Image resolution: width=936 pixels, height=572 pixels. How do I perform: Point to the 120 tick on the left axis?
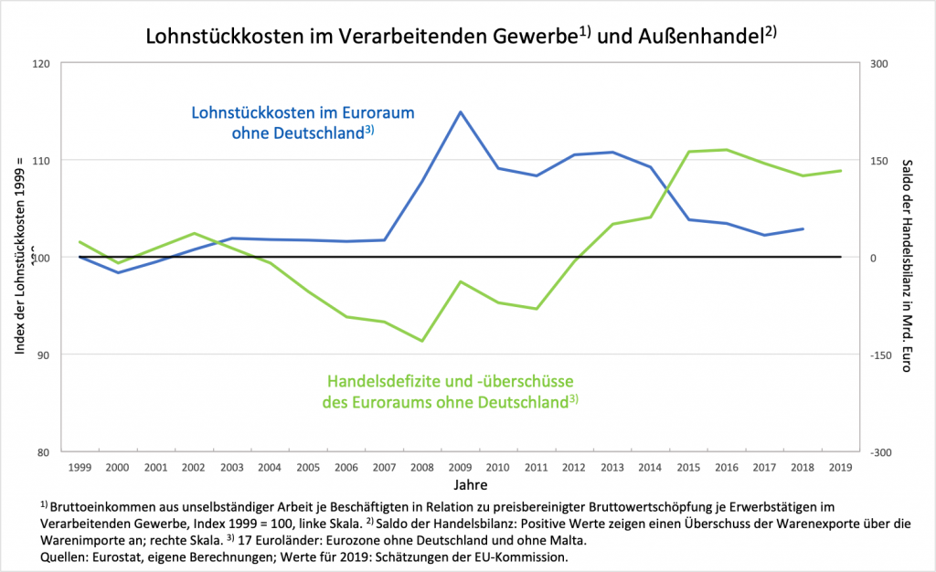pos(41,64)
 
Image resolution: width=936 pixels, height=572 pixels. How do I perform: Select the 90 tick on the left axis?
pos(44,355)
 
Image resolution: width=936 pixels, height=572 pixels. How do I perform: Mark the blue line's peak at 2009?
pos(460,112)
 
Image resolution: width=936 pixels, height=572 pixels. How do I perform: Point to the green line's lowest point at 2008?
pos(422,341)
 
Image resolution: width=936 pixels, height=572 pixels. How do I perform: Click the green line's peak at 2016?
pos(726,150)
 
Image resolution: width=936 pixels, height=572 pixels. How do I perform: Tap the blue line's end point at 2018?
pos(803,228)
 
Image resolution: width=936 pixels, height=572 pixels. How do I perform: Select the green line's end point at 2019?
pos(840,171)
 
